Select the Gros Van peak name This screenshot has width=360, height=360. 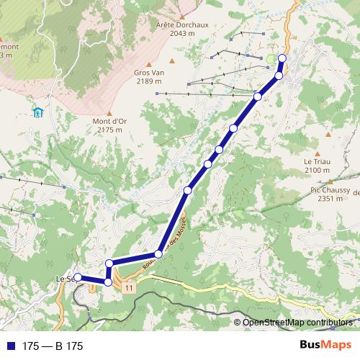[x=150, y=73]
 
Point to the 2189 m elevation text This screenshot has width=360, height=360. [x=150, y=81]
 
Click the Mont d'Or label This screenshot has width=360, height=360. [x=109, y=121]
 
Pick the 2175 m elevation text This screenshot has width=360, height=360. [x=109, y=130]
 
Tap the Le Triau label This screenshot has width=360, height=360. [x=317, y=161]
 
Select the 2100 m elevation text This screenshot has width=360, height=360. [x=317, y=170]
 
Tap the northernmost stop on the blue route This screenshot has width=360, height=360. [x=282, y=58]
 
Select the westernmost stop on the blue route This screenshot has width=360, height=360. [x=78, y=277]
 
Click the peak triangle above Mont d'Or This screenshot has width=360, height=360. [x=109, y=112]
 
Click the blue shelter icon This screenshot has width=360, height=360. [x=37, y=112]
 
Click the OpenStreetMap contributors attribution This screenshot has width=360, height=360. [x=298, y=323]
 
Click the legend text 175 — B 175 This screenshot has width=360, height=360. [x=53, y=346]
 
